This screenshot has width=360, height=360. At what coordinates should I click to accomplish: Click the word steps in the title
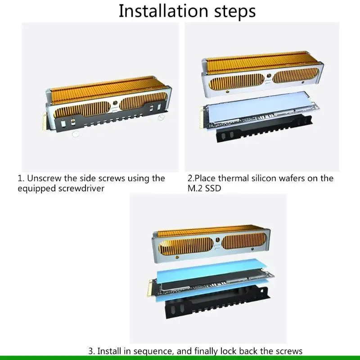pos(235,12)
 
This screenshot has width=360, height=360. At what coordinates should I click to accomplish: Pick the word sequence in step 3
pos(153,351)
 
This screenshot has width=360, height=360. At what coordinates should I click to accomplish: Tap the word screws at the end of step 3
pos(289,351)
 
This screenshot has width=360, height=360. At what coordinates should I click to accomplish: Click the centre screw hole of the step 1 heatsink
pos(115,103)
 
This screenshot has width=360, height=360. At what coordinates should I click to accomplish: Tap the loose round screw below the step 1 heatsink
pos(75,134)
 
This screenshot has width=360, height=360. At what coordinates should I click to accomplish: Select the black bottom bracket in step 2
pos(264,128)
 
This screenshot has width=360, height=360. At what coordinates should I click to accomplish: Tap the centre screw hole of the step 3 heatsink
pos(218,240)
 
